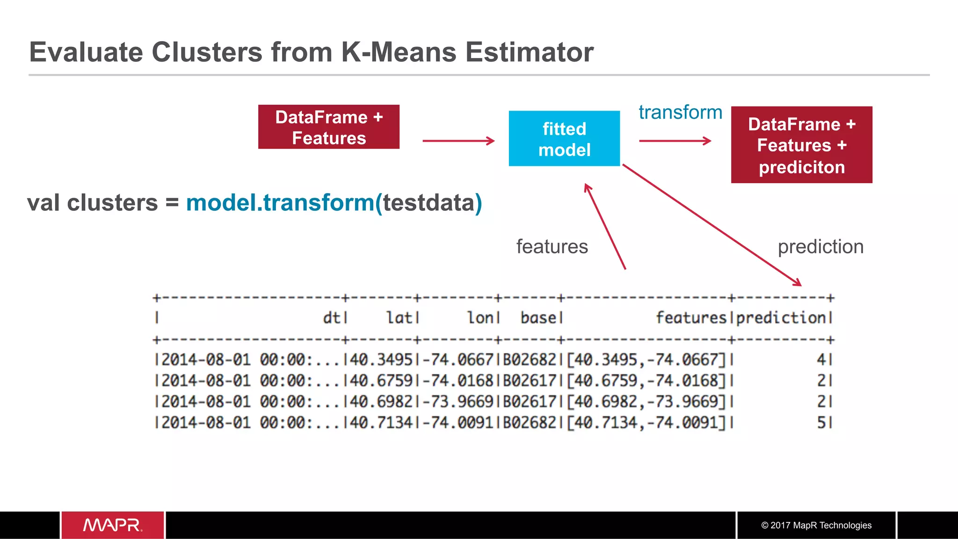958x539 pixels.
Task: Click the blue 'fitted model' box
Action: pos(564,139)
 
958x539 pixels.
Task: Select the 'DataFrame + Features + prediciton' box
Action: pos(801,145)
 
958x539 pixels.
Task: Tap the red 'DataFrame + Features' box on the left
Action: pos(329,127)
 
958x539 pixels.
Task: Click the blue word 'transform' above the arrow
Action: pos(680,113)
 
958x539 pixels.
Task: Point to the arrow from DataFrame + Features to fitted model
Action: pos(458,141)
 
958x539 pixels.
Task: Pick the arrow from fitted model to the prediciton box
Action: pos(675,141)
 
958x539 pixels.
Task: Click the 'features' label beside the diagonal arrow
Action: pos(552,247)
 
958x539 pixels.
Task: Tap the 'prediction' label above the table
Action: pos(820,247)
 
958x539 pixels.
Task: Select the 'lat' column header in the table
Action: pos(399,318)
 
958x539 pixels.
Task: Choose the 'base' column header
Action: pos(538,318)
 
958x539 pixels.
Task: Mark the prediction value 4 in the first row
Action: pos(821,359)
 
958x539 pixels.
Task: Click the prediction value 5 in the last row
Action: pos(821,423)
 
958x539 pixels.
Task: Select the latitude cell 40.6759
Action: pos(381,381)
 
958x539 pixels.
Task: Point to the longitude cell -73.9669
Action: pos(458,402)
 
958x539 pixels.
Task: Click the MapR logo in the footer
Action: pos(113,525)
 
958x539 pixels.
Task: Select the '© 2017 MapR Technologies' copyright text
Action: pos(816,525)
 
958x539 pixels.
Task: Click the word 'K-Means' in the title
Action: pos(399,52)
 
